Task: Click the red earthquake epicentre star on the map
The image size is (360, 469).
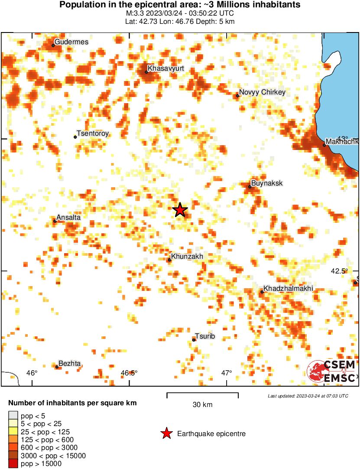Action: [180, 210]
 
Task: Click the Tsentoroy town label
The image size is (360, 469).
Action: [92, 134]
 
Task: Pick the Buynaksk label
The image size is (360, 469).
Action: [267, 183]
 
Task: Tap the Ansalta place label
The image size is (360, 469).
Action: [69, 218]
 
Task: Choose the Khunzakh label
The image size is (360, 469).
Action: [187, 257]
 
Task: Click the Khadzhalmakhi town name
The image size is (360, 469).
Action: [288, 289]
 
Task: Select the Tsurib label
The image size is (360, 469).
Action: [205, 336]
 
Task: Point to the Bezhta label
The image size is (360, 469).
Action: [69, 364]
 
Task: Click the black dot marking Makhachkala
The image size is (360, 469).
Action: [324, 145]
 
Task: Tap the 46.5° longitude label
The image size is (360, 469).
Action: [129, 373]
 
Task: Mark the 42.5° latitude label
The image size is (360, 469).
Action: [339, 271]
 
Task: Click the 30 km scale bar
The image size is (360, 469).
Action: [202, 395]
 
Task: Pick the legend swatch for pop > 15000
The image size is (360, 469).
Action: [13, 464]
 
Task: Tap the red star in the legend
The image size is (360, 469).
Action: [166, 433]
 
